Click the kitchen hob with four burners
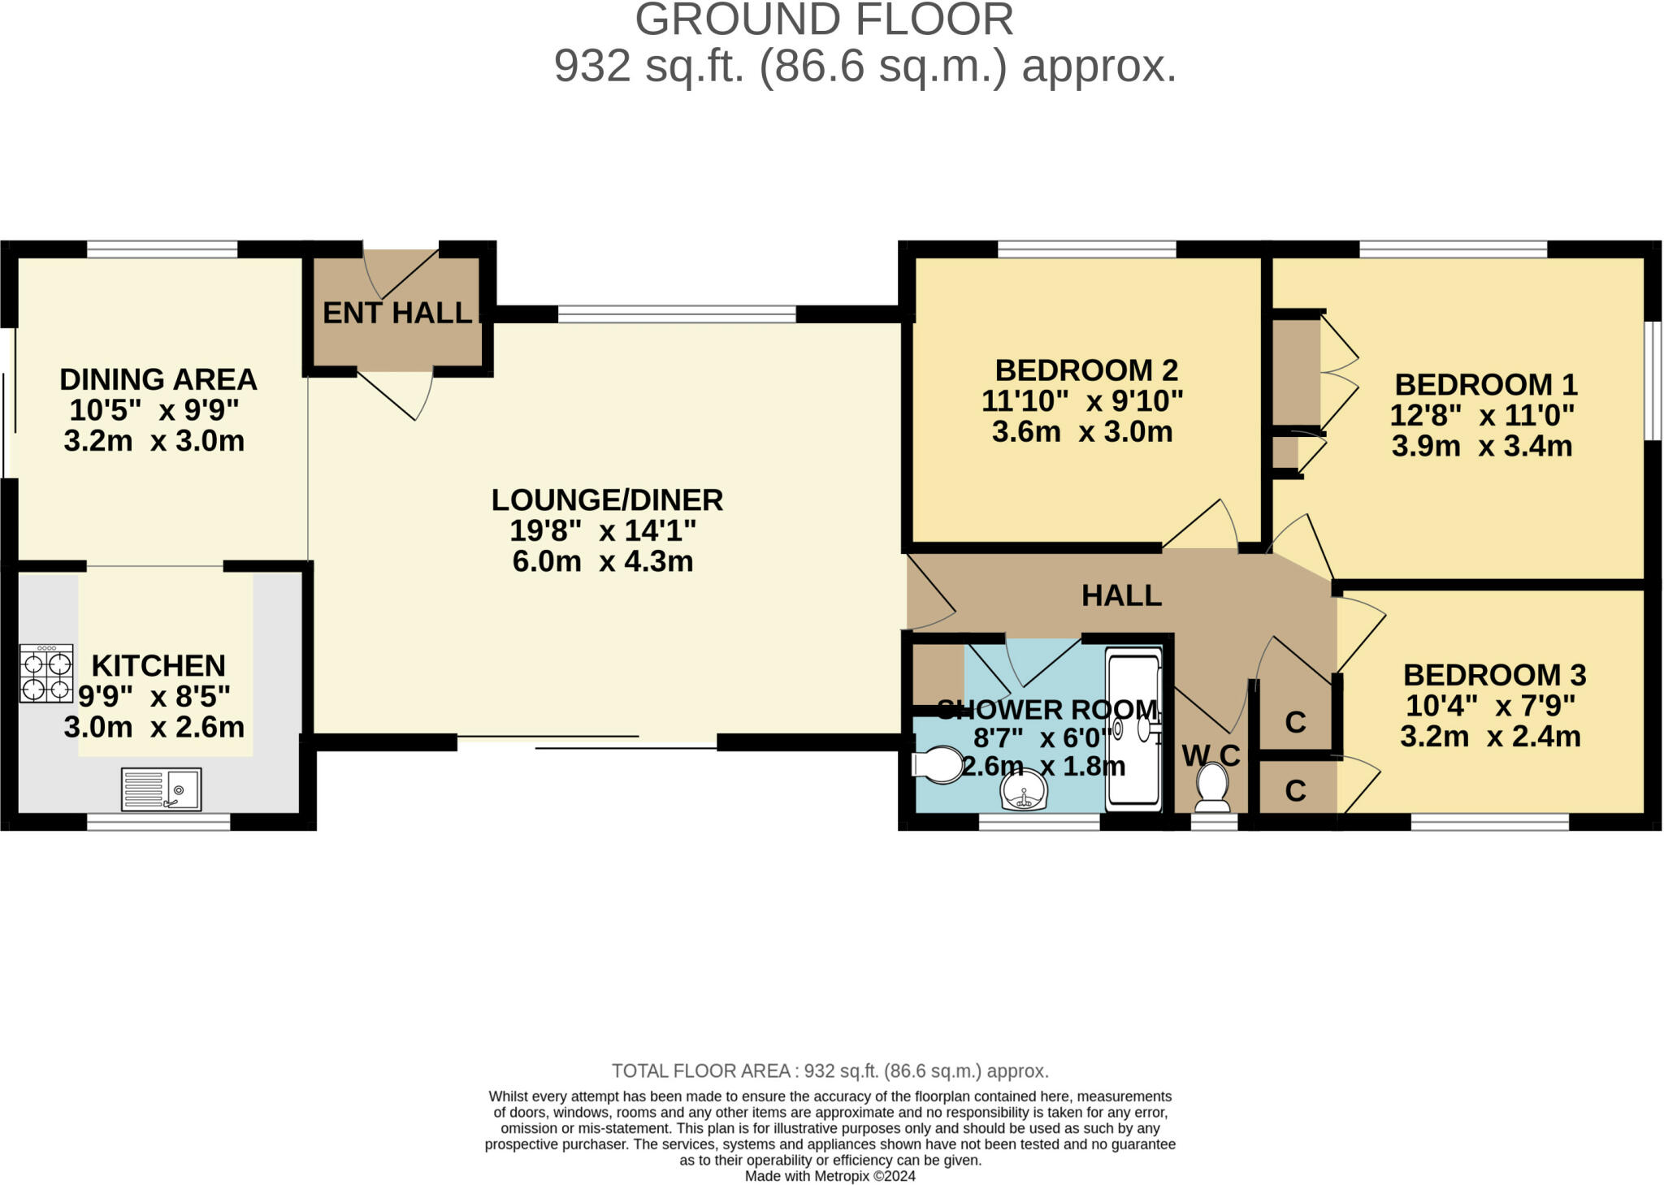click(46, 673)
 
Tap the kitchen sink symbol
click(161, 789)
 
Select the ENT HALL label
click(397, 313)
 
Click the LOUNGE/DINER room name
click(607, 500)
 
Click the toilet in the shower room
click(937, 765)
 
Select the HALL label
click(1121, 595)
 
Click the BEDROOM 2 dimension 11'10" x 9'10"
click(1082, 400)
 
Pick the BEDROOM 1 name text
click(1486, 384)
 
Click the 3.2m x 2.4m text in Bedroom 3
click(1490, 737)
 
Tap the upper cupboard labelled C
click(1295, 720)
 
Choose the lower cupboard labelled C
click(1295, 789)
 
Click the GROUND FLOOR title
click(824, 19)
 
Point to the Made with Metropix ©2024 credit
click(830, 1176)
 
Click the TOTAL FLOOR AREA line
click(830, 1070)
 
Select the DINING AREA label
click(158, 379)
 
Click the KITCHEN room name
click(158, 665)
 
